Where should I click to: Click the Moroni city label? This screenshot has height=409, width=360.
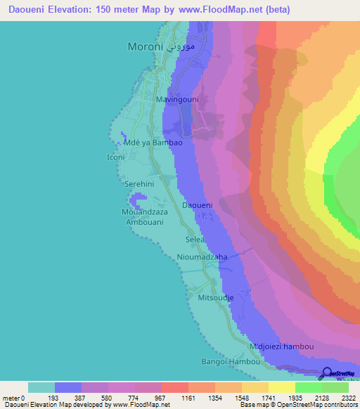pos(146,47)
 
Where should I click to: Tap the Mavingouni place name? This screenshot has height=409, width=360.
pos(177,100)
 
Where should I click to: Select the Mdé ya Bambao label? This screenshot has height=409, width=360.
pos(153,143)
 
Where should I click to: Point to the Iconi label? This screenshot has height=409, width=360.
pos(115,157)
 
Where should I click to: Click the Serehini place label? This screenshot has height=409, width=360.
pos(138,183)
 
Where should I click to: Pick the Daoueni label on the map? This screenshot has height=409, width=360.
pos(198,205)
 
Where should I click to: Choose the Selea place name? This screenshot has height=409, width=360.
pos(195,240)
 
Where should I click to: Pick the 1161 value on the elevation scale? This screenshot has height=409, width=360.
pos(188,398)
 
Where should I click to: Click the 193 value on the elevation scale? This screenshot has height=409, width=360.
pos(55,398)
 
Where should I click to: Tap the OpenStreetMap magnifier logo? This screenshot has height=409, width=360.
pos(327,373)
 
